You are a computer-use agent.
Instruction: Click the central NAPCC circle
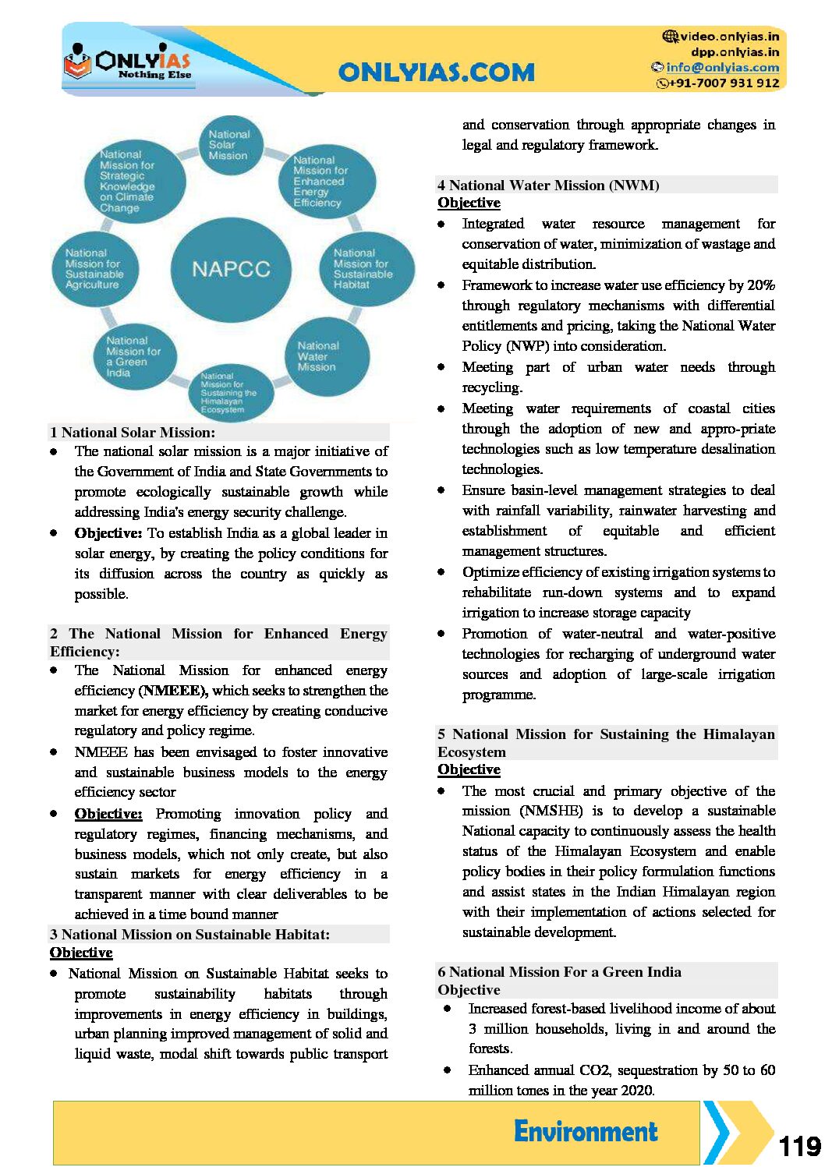pos(231,270)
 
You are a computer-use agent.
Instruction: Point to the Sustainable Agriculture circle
pos(95,269)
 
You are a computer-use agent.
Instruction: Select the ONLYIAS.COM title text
pos(437,72)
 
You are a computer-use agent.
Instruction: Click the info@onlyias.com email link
pos(722,68)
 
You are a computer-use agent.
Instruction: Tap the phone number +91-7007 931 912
pos(724,83)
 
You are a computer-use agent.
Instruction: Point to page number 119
pos(799,1146)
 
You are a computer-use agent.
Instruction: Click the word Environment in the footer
pos(586,1131)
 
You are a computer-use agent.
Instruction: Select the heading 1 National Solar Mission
pos(133,433)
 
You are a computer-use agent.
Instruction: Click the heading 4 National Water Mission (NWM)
pos(549,186)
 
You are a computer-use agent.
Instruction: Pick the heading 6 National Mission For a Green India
pos(560,972)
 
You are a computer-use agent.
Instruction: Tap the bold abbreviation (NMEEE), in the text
pos(173,691)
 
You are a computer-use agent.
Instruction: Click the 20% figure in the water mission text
pos(760,285)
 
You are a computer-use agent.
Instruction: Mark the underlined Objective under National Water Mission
pos(469,203)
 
